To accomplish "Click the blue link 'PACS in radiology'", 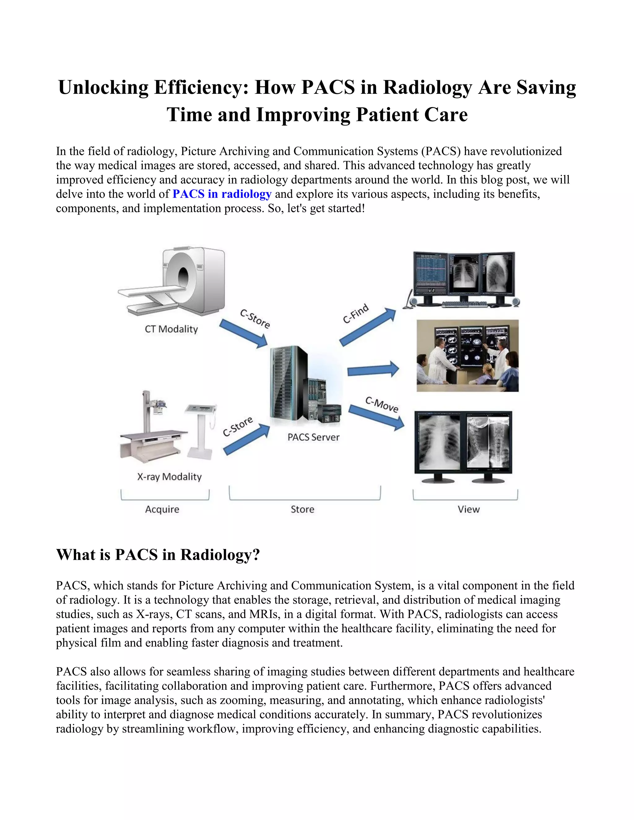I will tap(222, 194).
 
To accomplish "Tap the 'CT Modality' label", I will tap(171, 329).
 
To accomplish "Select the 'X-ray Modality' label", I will tap(169, 477).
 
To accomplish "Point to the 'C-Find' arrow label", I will tap(356, 313).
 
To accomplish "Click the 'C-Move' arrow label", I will tap(382, 404).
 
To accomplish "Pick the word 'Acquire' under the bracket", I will tap(162, 510).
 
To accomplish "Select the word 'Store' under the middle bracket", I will tap(302, 510).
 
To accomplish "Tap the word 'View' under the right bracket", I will tap(469, 510).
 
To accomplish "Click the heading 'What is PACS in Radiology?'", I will tap(158, 555).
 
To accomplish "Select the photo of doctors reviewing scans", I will tap(468, 356).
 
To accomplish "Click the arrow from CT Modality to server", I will tap(243, 333).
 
